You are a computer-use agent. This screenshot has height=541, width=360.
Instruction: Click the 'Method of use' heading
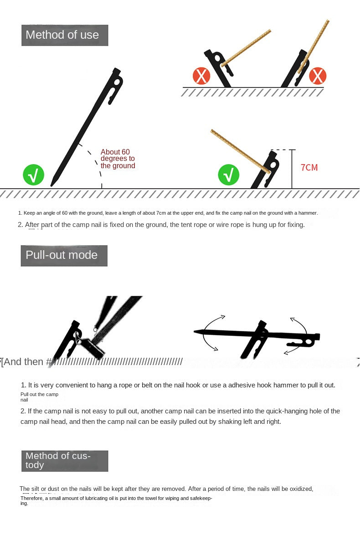pyautogui.click(x=64, y=35)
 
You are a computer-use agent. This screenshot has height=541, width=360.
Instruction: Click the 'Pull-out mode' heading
pyautogui.click(x=64, y=255)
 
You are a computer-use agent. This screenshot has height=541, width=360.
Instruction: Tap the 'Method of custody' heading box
pyautogui.click(x=64, y=461)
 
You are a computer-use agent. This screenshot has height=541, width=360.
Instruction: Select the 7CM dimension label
pyautogui.click(x=309, y=168)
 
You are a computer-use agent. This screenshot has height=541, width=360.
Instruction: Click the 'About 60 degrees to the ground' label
pyautogui.click(x=118, y=159)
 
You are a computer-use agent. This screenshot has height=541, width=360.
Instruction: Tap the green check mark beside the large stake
pyautogui.click(x=34, y=175)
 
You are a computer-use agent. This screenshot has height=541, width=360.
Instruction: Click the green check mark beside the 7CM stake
pyautogui.click(x=229, y=175)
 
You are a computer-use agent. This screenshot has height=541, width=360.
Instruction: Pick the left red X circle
pyautogui.click(x=201, y=76)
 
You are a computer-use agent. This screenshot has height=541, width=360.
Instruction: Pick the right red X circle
pyautogui.click(x=318, y=76)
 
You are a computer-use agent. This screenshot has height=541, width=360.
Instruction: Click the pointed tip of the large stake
pyautogui.click(x=52, y=184)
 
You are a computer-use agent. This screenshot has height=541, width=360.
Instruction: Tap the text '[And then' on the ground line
pyautogui.click(x=23, y=362)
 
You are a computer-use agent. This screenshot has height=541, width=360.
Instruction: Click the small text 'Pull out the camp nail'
pyautogui.click(x=39, y=397)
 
